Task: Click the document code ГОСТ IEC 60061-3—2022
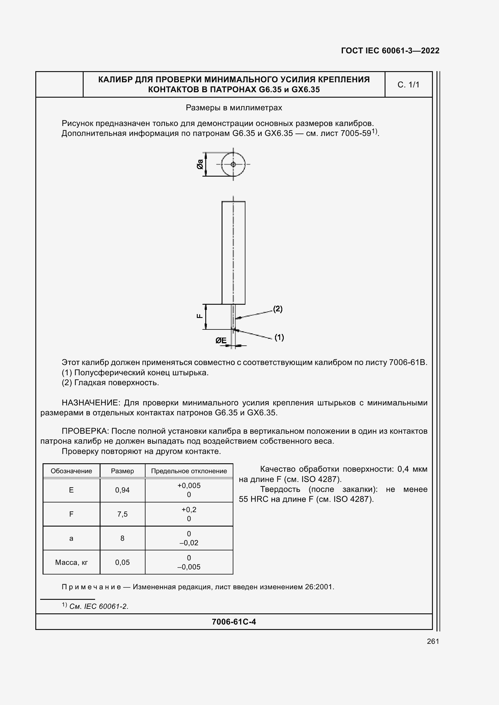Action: (x=390, y=51)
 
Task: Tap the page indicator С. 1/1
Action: (x=408, y=85)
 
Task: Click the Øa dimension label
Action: (x=200, y=164)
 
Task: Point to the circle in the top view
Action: (x=233, y=165)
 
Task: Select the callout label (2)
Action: (x=278, y=309)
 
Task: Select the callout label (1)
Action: (x=279, y=338)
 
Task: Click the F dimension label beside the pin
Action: (x=200, y=316)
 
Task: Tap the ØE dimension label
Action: (x=221, y=341)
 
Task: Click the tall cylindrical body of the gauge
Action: (x=233, y=252)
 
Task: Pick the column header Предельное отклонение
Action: (x=189, y=471)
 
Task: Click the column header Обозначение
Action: (x=71, y=471)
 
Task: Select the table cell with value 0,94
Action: (x=122, y=490)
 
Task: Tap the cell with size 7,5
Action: (x=122, y=514)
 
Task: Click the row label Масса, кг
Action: (x=71, y=562)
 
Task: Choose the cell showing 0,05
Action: (x=122, y=562)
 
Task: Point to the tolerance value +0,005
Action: (x=189, y=486)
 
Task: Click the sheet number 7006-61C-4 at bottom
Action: (x=234, y=622)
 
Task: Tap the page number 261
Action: (x=433, y=641)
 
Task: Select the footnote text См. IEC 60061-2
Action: (x=98, y=606)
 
